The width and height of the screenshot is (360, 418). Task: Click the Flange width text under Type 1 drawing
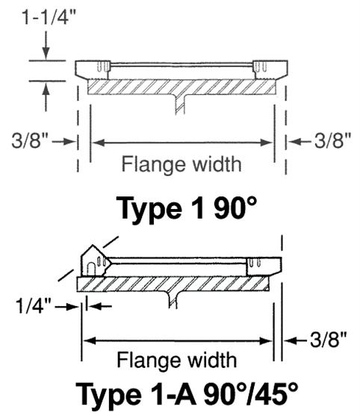click(181, 163)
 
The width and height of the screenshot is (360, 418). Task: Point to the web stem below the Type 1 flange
click(180, 104)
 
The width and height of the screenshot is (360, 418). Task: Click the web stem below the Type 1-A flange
click(175, 299)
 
